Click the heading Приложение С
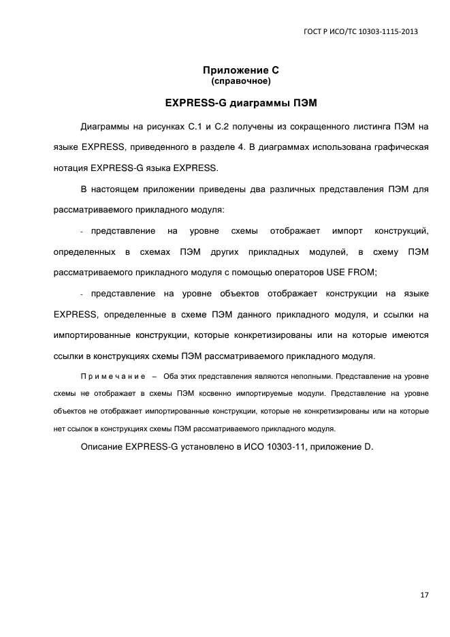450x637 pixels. pos(241,71)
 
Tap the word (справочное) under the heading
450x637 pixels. pos(241,82)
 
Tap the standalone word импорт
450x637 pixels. pos(346,232)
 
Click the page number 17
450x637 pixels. pos(423,595)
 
